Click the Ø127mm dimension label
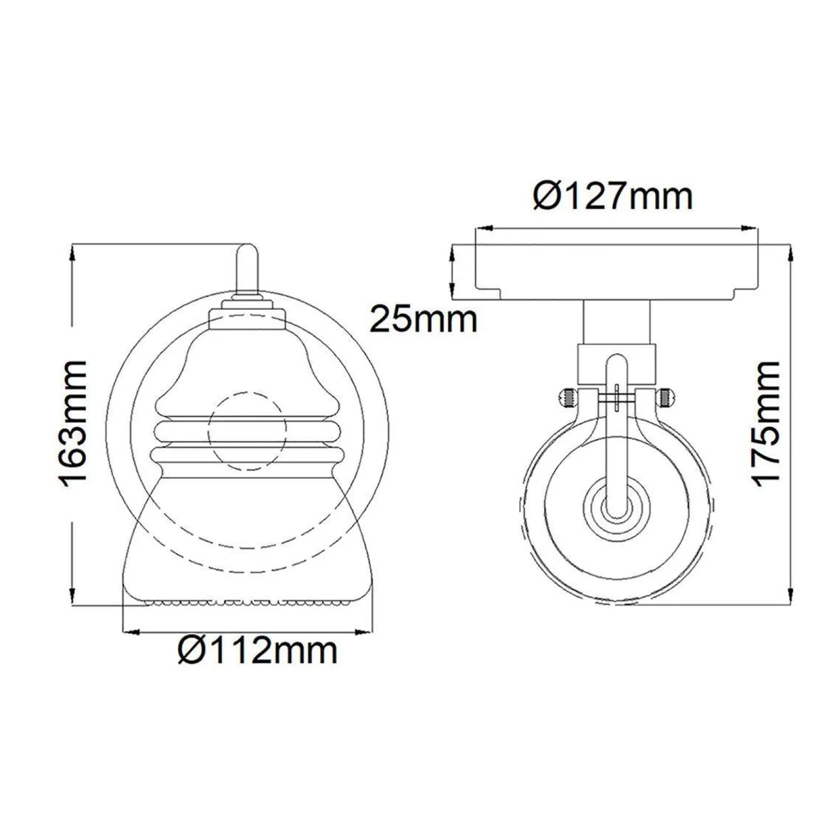(613, 197)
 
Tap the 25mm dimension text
(423, 320)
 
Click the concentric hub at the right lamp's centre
(616, 509)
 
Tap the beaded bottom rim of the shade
(248, 602)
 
